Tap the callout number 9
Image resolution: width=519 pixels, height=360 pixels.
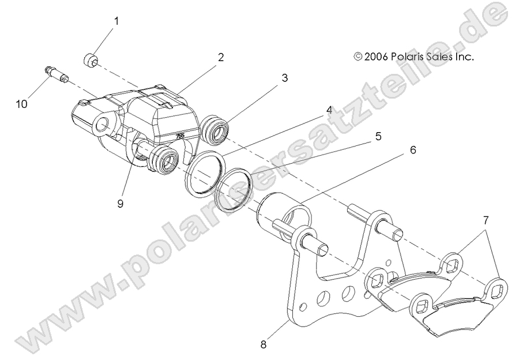120,204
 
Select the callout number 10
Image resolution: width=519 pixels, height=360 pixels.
21,104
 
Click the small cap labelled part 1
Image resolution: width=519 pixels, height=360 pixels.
89,59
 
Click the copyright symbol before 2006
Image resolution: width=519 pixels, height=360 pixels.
358,57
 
